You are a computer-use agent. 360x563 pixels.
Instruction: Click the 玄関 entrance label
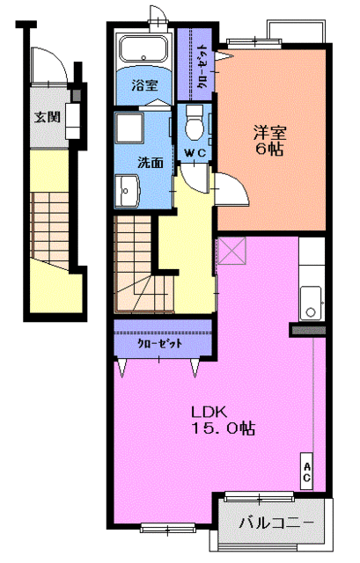(47, 115)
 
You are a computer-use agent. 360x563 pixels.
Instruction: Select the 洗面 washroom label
(150, 163)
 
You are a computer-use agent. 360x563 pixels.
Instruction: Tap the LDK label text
(211, 412)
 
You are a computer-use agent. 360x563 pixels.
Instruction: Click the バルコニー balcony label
(276, 523)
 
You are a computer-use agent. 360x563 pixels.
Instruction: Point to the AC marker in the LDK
(307, 472)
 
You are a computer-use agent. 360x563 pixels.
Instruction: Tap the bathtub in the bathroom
(144, 49)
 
